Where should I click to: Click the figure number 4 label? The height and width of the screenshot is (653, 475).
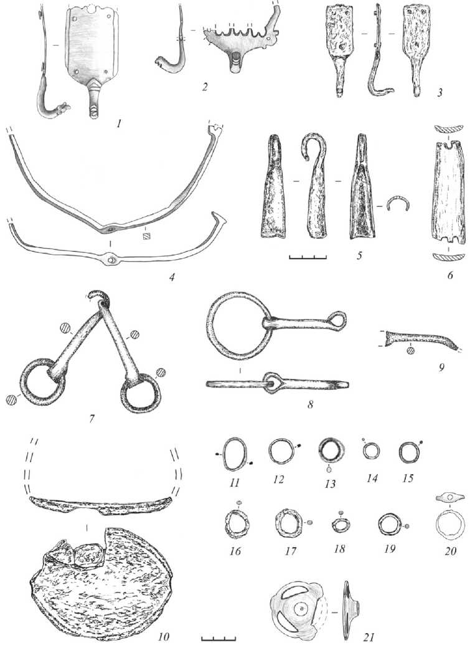point(171,275)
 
